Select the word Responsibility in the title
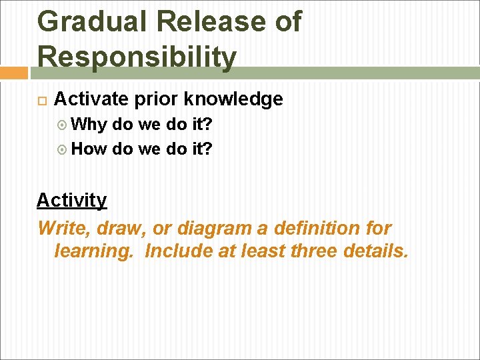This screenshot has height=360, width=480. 137,59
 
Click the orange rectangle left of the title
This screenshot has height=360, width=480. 13,73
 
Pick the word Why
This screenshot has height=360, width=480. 89,124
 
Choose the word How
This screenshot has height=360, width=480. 89,149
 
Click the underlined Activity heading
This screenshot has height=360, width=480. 71,200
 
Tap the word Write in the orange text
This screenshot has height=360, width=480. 65,228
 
